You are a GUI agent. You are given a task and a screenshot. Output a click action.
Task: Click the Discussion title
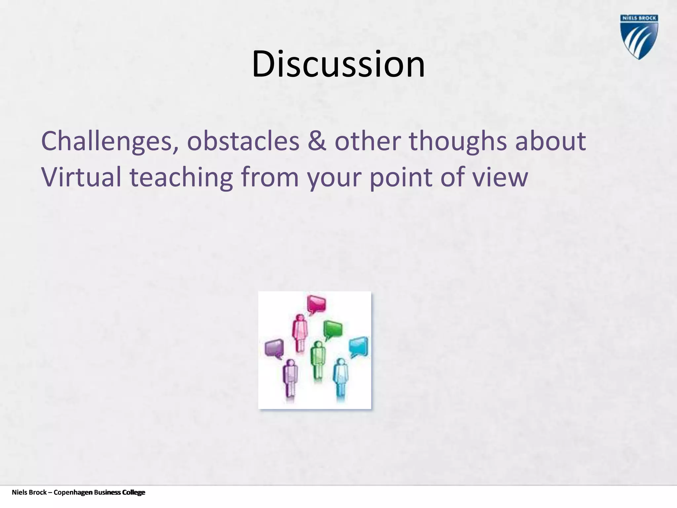click(x=338, y=64)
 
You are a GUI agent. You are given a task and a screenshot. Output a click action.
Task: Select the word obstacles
click(x=243, y=141)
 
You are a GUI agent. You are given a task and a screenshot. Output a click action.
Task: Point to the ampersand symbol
click(x=317, y=141)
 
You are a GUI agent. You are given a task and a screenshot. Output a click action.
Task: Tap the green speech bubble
click(x=333, y=330)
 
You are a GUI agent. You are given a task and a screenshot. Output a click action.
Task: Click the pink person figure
click(x=300, y=332)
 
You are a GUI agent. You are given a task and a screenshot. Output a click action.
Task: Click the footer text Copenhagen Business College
click(x=99, y=492)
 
